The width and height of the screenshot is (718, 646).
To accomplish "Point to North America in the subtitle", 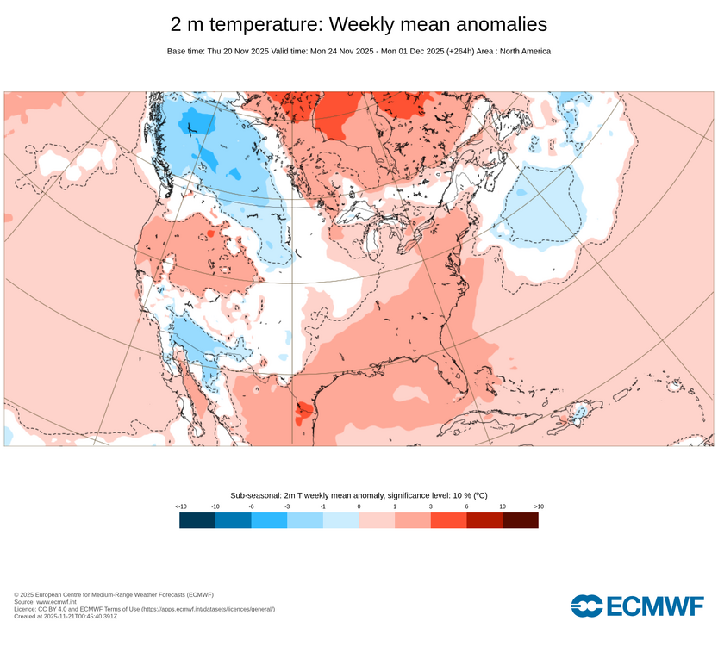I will [x=520, y=52].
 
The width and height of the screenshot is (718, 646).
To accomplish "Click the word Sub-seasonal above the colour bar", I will [x=256, y=496].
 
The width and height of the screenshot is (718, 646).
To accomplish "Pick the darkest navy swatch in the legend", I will [x=197, y=520].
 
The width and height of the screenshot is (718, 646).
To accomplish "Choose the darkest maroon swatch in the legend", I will [x=520, y=520].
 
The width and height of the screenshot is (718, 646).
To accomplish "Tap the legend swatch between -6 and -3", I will [x=269, y=520].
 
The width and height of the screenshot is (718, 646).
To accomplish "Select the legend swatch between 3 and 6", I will [x=448, y=520].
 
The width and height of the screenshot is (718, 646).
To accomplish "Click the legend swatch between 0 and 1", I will [x=377, y=520].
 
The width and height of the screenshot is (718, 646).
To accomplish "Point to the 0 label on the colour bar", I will [x=359, y=507].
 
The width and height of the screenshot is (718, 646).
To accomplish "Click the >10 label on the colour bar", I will [x=538, y=507].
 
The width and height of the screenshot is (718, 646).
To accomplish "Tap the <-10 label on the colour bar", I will [x=180, y=507].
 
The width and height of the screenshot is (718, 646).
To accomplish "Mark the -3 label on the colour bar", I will [x=287, y=507].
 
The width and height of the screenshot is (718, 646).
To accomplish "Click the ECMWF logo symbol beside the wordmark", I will [x=587, y=606].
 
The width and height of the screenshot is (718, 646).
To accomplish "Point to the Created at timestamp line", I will [x=66, y=616].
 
